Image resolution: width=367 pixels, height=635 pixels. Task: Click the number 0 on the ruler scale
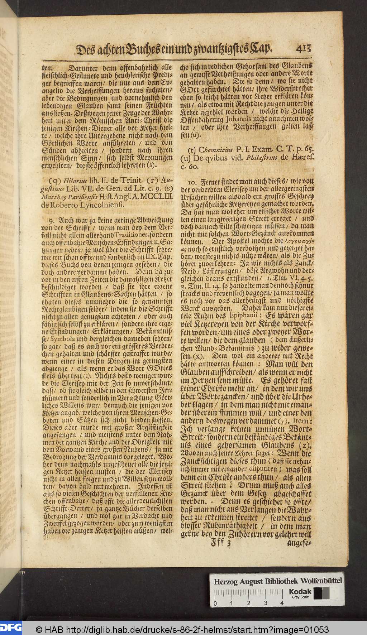(215, 603)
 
